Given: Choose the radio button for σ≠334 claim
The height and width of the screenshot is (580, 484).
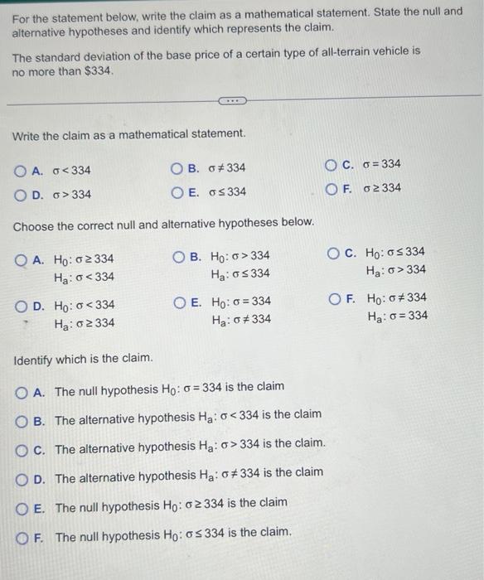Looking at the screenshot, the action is [x=177, y=169].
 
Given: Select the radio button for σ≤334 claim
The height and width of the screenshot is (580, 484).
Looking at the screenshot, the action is [x=177, y=193].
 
